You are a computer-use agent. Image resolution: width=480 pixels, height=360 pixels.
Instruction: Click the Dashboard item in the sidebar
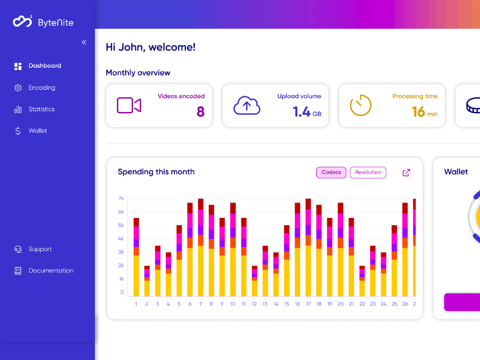44,66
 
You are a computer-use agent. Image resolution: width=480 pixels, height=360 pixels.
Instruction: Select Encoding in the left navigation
41,88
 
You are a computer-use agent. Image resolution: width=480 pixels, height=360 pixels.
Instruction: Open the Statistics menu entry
41,109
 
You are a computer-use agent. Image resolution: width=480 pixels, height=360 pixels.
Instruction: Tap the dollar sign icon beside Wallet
18,131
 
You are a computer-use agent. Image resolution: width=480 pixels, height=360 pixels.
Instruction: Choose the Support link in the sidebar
40,249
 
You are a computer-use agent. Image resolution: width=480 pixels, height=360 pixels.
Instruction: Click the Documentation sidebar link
50,270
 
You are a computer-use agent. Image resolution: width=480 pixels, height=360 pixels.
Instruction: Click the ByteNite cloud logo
22,21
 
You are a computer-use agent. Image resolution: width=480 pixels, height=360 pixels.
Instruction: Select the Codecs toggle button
331,172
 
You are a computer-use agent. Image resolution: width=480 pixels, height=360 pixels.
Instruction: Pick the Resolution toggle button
368,172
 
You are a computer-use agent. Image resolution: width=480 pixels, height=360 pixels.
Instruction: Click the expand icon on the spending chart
406,172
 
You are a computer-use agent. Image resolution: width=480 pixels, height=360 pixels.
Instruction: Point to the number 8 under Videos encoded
200,112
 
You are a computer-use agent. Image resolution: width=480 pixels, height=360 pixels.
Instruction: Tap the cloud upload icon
247,106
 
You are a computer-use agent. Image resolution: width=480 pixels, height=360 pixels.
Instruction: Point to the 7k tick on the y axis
121,199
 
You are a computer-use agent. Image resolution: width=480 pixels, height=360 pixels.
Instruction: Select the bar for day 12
255,281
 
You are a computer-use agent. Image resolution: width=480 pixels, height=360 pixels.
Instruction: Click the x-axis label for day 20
340,304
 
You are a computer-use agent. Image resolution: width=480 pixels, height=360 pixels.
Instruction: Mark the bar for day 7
201,247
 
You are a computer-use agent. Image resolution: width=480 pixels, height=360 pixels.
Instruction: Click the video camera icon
129,106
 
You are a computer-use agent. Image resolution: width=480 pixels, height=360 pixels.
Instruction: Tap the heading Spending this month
156,172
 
